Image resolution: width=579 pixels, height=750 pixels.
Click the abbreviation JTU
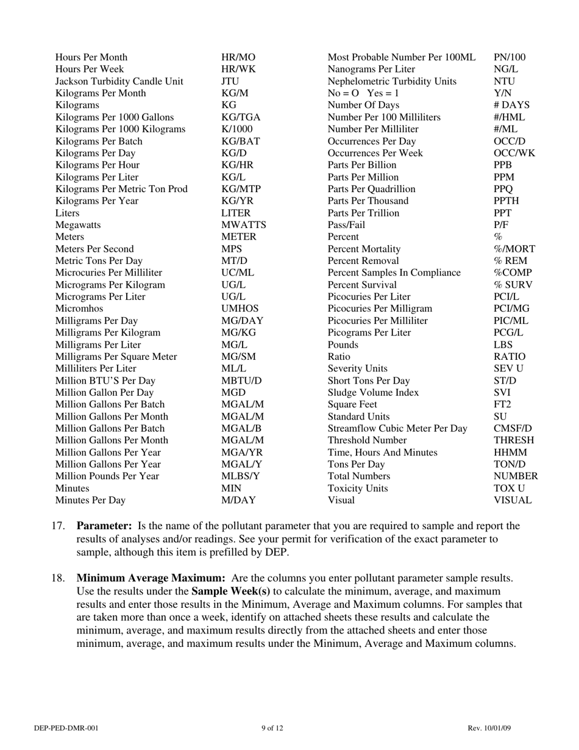point(230,81)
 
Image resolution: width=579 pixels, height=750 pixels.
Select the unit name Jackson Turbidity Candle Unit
point(119,81)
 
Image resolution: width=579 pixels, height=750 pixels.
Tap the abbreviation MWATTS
point(243,225)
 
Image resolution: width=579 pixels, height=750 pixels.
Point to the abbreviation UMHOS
point(240,309)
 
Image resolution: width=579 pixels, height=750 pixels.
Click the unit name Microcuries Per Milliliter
point(108,273)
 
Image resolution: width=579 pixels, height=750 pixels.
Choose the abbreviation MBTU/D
point(241,380)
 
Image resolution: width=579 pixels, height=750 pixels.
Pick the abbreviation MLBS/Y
point(240,476)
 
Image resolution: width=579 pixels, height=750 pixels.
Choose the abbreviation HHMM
point(510,452)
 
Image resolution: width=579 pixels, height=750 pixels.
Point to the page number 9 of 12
point(272,728)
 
